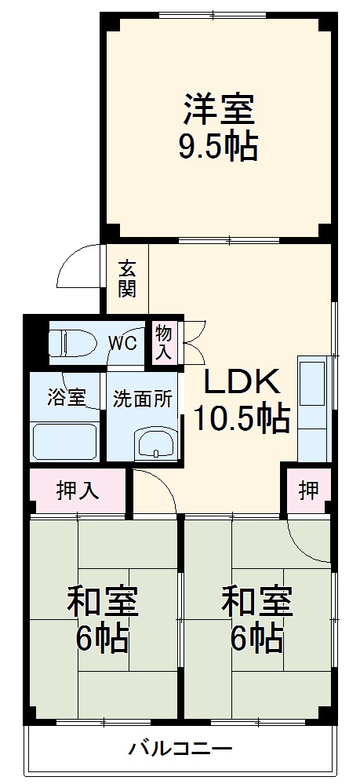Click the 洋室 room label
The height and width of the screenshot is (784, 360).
[219, 109]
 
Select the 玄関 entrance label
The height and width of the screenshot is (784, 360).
[127, 279]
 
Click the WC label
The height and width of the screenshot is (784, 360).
[122, 342]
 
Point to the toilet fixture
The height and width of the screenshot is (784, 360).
[70, 342]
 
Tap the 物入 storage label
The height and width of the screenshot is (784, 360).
[163, 342]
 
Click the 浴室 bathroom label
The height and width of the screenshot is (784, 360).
[66, 397]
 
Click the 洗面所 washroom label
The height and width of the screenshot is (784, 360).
[143, 398]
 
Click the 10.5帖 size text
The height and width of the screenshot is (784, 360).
[242, 418]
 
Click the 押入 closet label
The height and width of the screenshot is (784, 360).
[78, 490]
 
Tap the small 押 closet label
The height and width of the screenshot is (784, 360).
[308, 490]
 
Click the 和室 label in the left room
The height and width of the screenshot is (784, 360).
[102, 603]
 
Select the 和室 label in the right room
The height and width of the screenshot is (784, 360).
[257, 603]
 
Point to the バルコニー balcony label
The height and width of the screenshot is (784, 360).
[180, 748]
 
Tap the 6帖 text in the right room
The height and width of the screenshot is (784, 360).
[257, 640]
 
